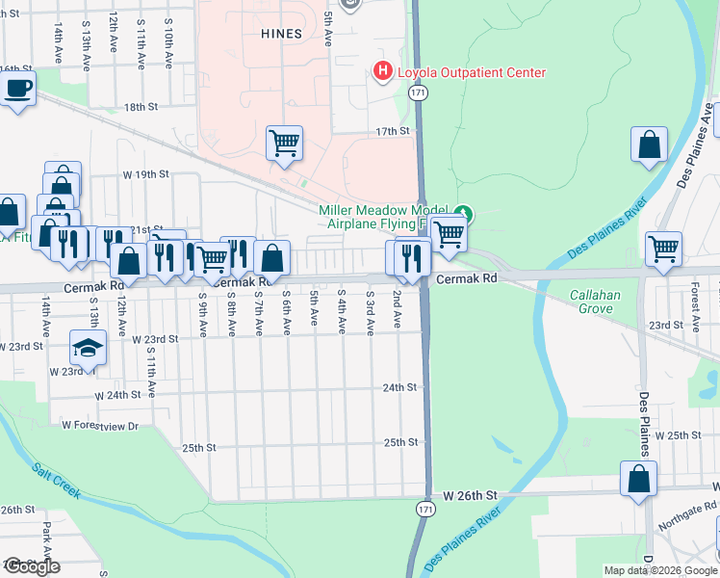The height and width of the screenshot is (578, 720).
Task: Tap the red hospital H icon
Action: point(382,71)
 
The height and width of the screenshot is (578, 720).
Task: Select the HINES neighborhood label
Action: point(281,34)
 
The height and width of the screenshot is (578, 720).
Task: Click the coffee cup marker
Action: point(18,90)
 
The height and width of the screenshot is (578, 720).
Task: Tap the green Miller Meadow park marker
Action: point(463,212)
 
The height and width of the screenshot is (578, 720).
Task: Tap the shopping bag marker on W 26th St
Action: point(638,480)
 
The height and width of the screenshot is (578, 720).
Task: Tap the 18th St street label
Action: point(140,107)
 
